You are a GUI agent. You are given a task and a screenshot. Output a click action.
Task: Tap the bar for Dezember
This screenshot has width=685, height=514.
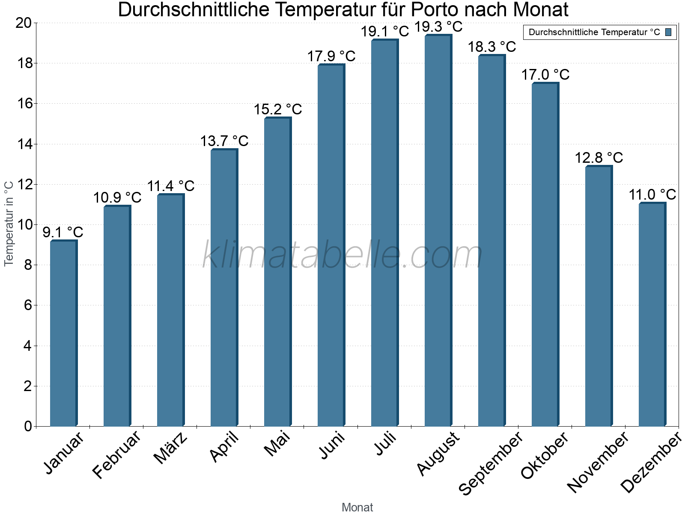652,314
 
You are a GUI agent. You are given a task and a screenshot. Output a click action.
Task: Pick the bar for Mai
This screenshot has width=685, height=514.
277,272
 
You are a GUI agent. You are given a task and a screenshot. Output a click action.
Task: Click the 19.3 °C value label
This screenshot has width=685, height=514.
438,27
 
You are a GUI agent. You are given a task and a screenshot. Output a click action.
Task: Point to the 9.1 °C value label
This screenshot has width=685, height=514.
63,232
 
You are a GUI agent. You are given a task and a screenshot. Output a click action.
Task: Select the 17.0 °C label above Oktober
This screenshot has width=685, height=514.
545,75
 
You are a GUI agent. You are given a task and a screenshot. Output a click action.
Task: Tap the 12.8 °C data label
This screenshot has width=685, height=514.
599,158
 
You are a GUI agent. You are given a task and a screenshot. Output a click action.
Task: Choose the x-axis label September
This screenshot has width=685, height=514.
491,463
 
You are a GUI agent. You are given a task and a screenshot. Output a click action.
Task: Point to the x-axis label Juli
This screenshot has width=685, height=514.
385,443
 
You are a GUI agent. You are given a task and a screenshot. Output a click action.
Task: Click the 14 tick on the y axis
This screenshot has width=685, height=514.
24,144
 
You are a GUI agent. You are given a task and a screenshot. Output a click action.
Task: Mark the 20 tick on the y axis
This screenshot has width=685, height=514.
24,23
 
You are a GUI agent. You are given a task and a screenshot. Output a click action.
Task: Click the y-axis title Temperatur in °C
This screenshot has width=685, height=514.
9,223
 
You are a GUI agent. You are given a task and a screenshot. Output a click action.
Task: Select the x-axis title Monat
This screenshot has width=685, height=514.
357,507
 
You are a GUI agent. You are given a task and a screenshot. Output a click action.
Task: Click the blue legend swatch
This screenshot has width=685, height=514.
669,32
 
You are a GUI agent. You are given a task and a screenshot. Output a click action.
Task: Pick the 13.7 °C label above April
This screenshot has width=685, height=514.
224,140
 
